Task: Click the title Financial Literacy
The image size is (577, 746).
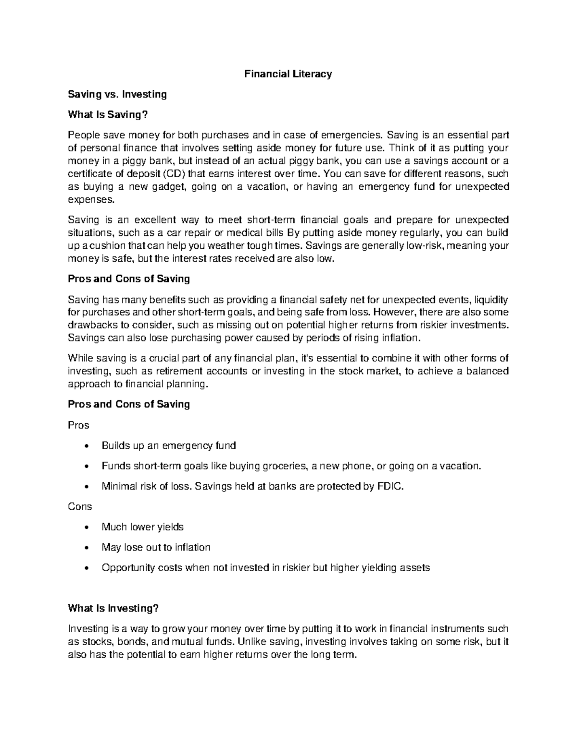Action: click(x=288, y=74)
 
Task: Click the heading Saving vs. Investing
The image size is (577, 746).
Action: click(x=117, y=94)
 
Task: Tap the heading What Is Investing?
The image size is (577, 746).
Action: click(x=113, y=609)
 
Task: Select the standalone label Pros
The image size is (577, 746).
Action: click(x=78, y=425)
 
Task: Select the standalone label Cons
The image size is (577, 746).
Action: click(x=80, y=507)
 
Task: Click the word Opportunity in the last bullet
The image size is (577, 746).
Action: click(x=125, y=568)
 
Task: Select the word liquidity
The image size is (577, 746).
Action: click(x=491, y=300)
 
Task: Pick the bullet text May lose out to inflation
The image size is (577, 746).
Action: click(x=156, y=548)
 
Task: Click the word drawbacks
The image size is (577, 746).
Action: click(x=89, y=325)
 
